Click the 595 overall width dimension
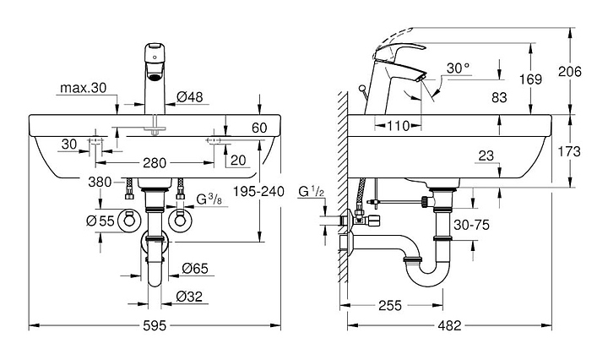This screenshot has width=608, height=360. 155,325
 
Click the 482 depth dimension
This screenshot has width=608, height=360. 449,325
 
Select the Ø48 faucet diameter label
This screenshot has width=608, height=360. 190,96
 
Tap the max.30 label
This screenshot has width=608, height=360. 83,88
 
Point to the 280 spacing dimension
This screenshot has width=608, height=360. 155,163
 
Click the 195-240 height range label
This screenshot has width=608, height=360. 258,191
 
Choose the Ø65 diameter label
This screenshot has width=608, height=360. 195,268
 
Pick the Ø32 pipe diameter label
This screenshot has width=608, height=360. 189,297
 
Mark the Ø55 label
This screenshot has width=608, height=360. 100,221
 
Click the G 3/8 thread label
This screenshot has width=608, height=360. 209,199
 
